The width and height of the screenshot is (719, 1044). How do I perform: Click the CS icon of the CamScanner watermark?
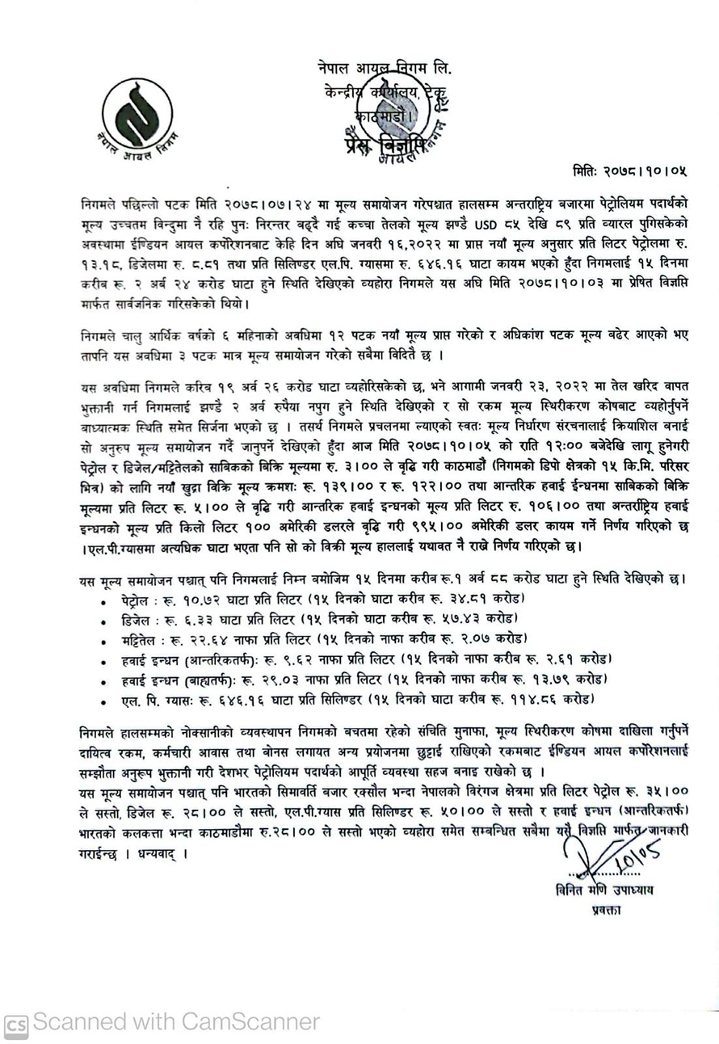17,1024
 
